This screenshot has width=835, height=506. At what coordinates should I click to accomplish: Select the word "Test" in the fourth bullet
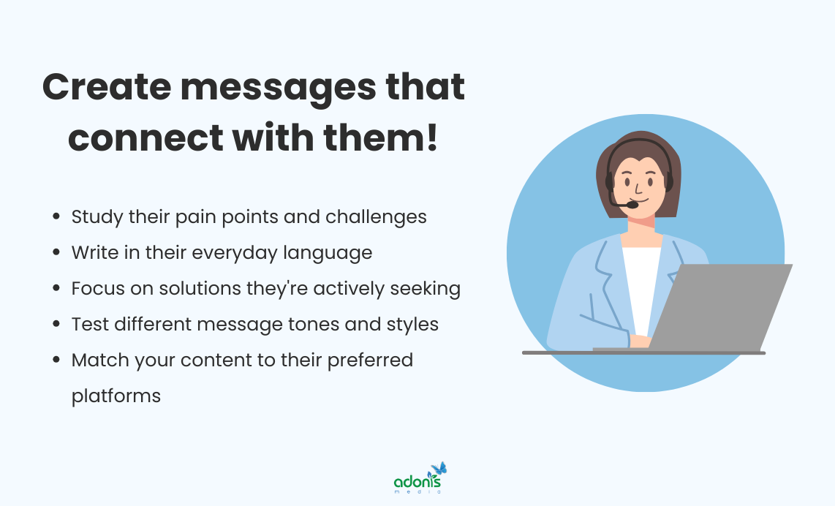click(86, 324)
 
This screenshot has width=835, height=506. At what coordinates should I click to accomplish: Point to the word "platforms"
click(116, 396)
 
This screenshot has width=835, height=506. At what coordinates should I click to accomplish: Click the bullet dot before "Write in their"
click(56, 253)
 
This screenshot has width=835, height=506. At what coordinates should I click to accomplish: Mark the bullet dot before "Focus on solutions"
click(56, 289)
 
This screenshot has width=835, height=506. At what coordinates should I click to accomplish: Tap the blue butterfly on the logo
click(439, 469)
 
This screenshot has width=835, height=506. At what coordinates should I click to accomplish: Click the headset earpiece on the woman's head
click(668, 180)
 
